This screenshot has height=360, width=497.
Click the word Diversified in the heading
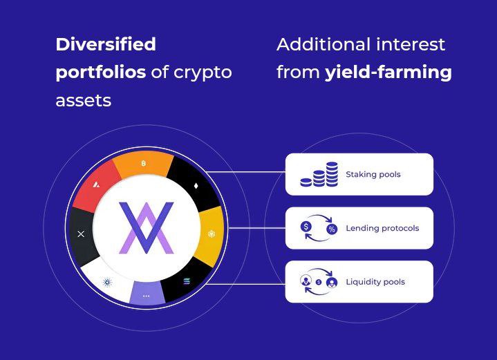point(106,45)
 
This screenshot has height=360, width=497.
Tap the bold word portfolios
point(101,72)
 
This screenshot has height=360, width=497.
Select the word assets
point(83,100)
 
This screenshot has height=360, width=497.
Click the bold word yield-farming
point(388,72)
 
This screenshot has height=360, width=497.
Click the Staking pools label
point(373,175)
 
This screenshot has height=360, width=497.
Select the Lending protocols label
point(382,228)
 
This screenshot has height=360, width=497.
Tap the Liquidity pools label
point(375,282)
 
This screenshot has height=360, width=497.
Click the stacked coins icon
point(319,174)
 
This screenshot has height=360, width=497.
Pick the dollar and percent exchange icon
point(319,228)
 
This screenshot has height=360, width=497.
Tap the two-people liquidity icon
point(319,281)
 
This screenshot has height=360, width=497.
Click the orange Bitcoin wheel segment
point(143,164)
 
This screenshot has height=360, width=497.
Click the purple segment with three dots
point(147,294)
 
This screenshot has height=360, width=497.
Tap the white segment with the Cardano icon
point(107,281)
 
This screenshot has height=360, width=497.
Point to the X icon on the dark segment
point(81,234)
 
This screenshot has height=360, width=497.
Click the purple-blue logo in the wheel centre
point(147,227)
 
